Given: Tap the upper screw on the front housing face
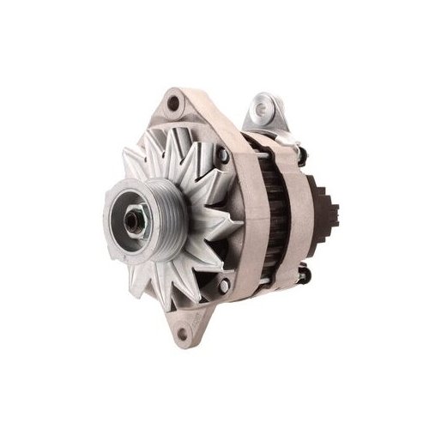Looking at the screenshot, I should (x=222, y=155).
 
